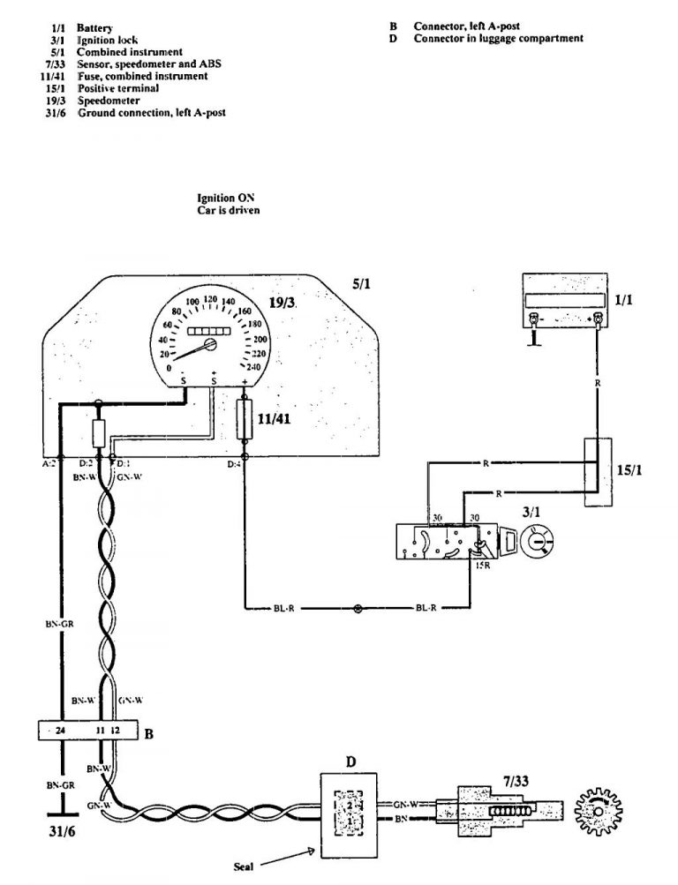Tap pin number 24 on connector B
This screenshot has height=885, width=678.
[60, 731]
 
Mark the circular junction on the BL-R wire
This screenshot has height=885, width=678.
[358, 608]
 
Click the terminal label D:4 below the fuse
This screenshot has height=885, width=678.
[233, 463]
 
